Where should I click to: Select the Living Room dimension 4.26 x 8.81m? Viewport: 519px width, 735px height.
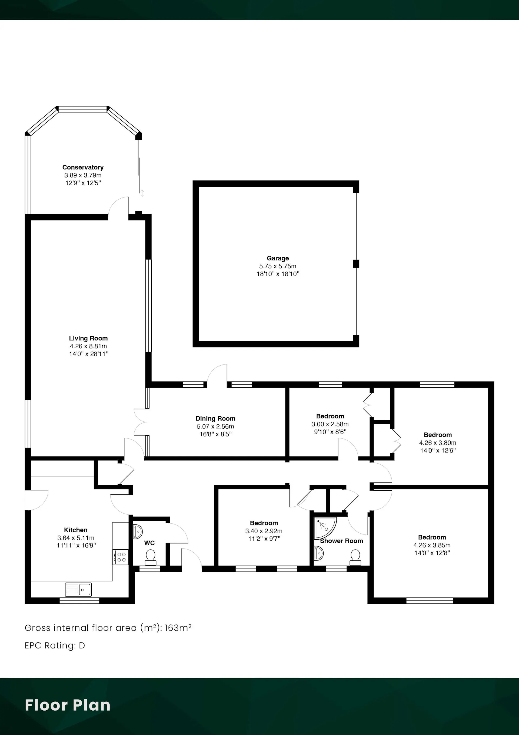[88, 346]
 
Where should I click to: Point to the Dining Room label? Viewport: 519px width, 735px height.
[215, 418]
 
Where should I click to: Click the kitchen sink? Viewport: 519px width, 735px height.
[78, 589]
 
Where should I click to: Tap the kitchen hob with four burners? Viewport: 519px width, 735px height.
[120, 557]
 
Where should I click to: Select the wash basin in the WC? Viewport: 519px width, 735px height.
[138, 532]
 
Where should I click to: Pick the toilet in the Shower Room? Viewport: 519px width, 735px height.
[355, 557]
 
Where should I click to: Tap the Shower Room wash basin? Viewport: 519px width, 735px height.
[318, 553]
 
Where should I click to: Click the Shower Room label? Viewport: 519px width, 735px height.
[341, 541]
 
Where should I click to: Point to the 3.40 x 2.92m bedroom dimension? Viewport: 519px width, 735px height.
[264, 531]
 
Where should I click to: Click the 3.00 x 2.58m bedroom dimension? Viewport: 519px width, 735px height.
[330, 424]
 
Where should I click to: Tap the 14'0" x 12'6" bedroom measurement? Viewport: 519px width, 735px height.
[438, 450]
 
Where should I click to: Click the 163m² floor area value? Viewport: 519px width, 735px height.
[178, 628]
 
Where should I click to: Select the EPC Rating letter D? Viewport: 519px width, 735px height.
[82, 645]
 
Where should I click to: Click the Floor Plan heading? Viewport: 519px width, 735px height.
[68, 705]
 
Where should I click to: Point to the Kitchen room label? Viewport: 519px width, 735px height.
[75, 530]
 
